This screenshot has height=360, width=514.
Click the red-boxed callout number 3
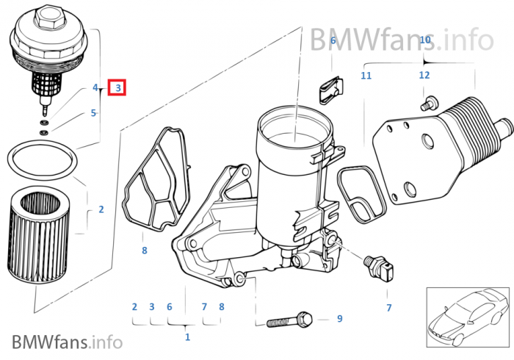[x=117, y=88]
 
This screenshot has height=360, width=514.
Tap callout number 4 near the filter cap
[x=95, y=88]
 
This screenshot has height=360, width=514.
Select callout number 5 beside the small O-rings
[x=93, y=113]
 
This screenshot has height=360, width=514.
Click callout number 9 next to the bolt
[x=339, y=318]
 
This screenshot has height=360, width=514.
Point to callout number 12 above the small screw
[x=424, y=76]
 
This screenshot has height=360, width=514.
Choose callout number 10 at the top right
[x=424, y=40]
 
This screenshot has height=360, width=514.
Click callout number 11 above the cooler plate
[x=366, y=76]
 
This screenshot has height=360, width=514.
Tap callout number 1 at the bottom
[x=187, y=337]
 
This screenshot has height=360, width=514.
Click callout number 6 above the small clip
[x=333, y=41]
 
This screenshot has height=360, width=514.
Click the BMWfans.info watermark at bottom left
[x=67, y=342]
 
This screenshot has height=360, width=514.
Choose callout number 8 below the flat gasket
[x=145, y=251]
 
